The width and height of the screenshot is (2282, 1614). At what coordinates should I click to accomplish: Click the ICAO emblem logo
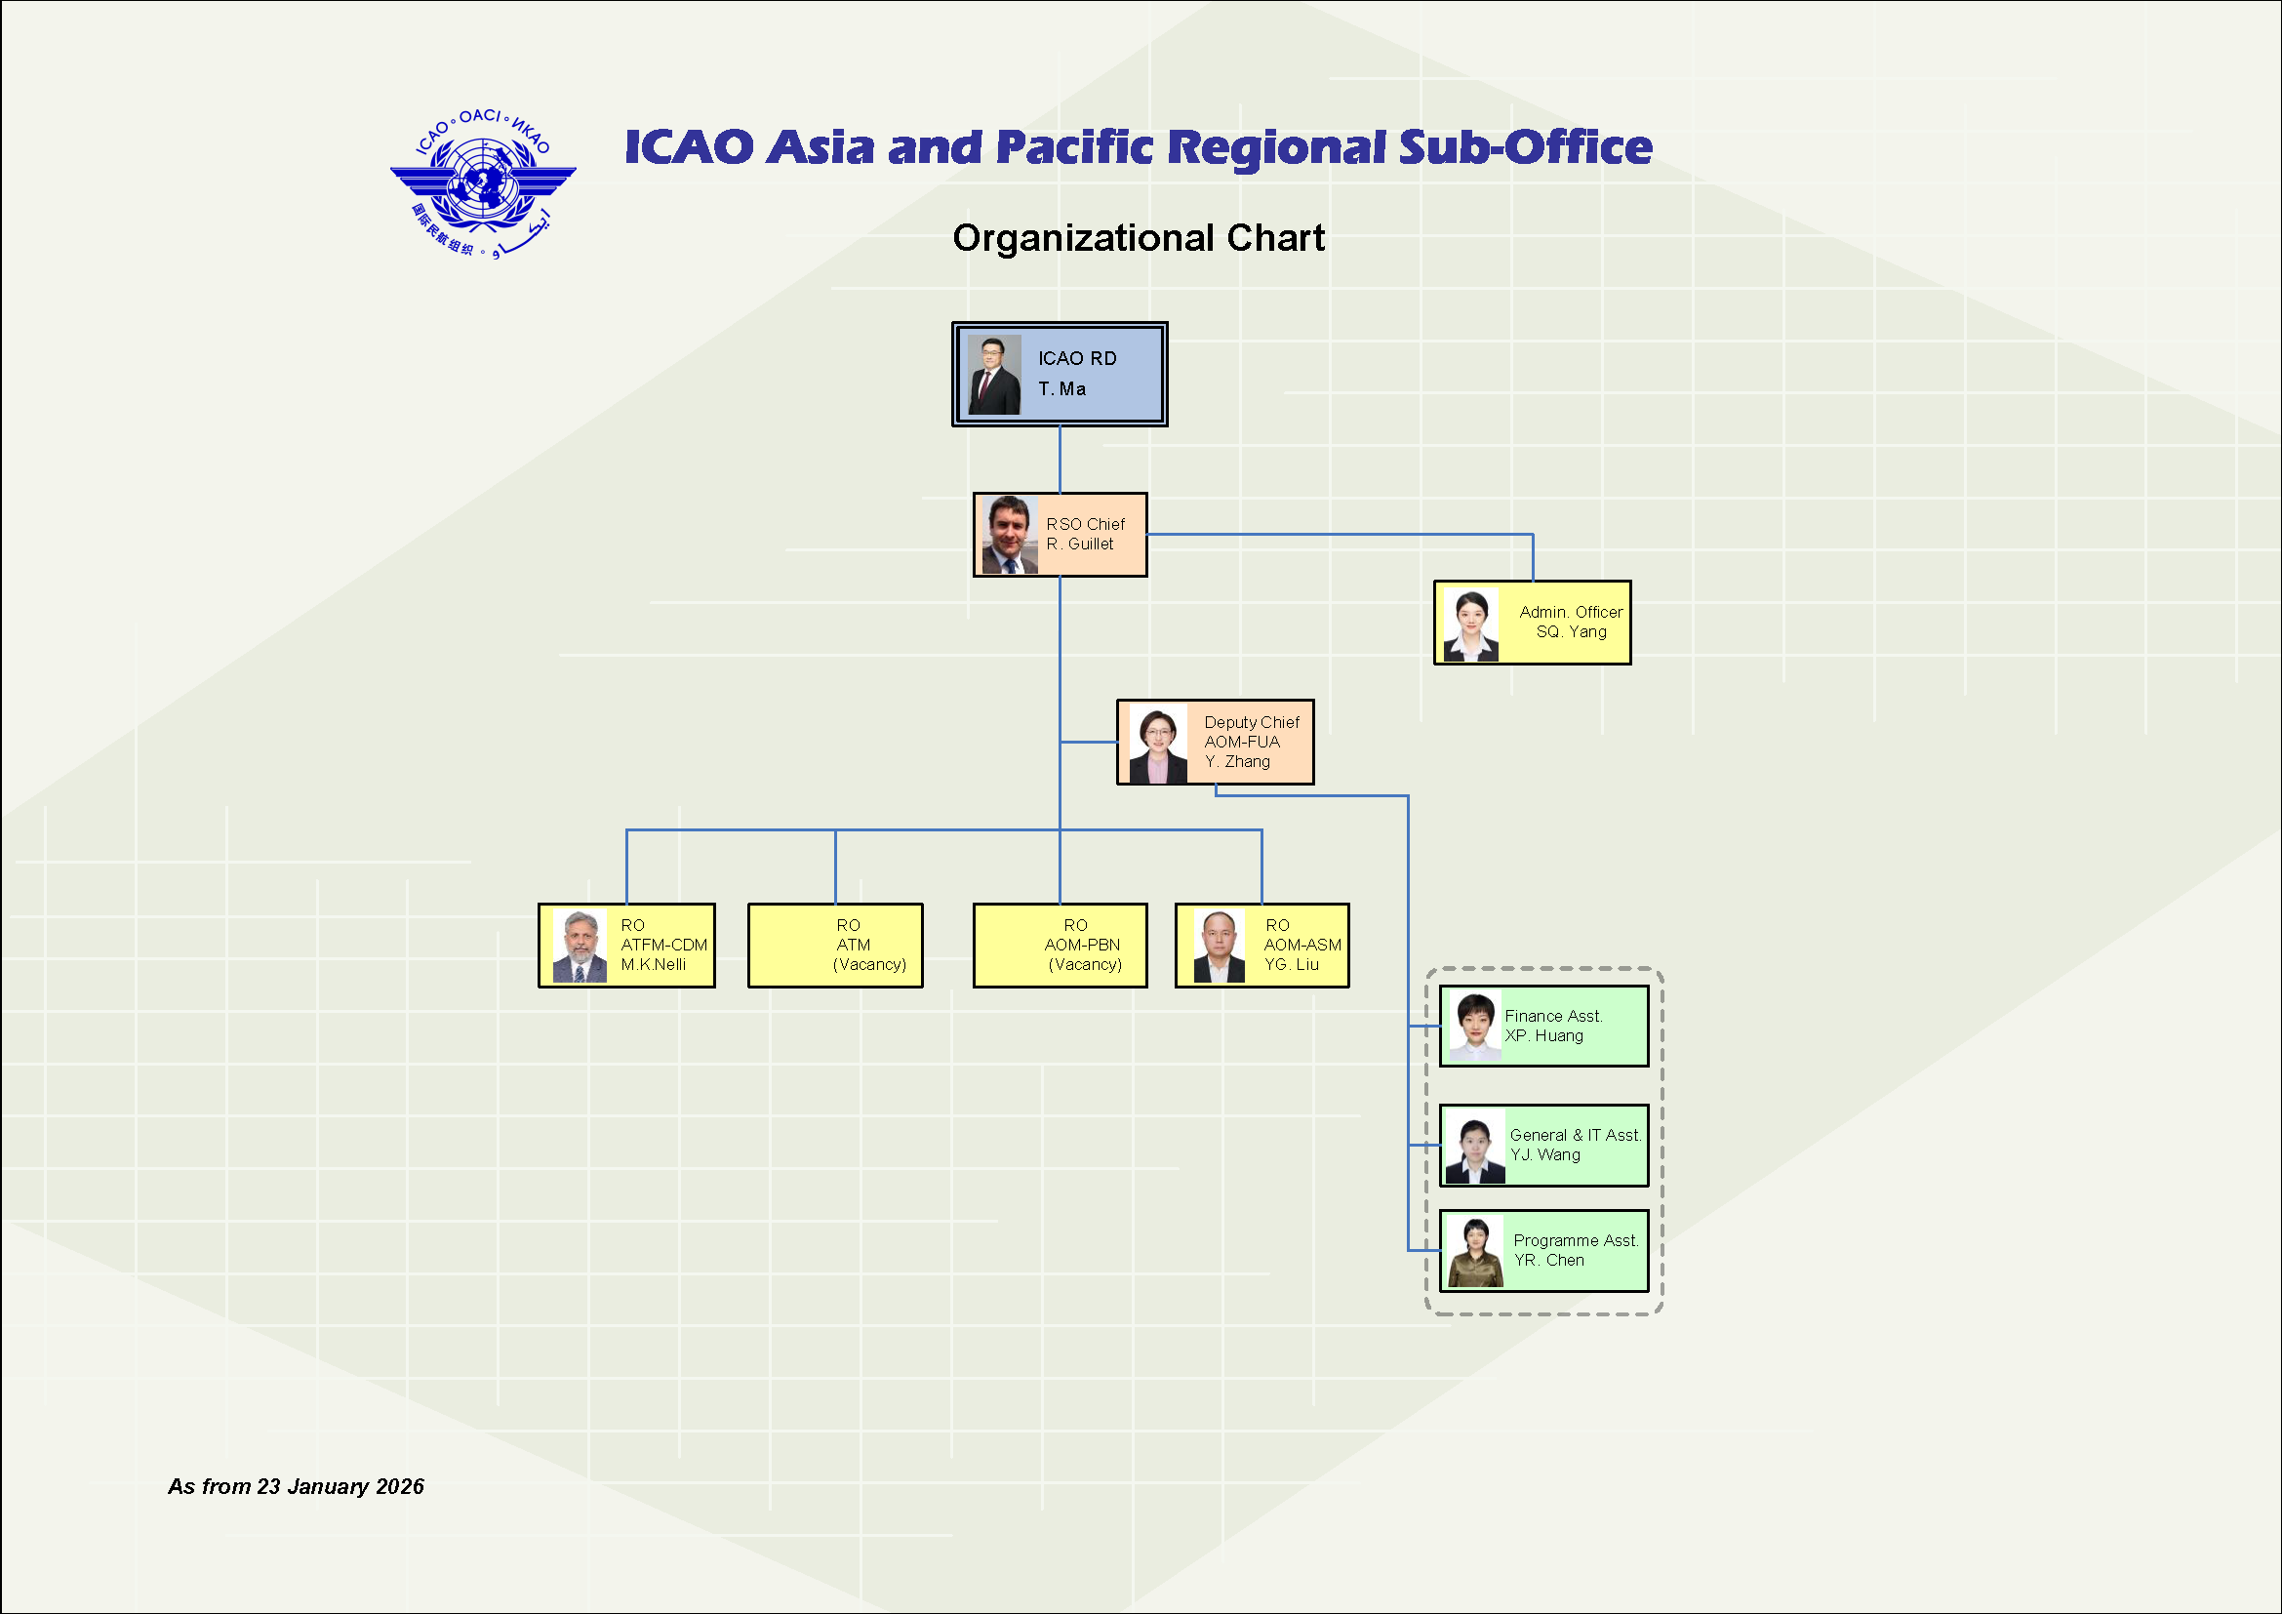(483, 183)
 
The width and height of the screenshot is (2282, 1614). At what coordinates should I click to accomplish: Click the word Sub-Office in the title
(1525, 147)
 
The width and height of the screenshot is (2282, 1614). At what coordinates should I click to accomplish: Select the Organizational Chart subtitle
(1138, 238)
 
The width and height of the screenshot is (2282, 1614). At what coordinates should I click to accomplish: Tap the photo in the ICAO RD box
(994, 375)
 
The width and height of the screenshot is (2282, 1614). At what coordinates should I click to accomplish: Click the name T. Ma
(1061, 388)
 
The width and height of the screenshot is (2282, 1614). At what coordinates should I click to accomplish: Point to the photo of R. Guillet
(1009, 536)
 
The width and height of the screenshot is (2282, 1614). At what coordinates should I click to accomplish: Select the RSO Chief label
(1085, 524)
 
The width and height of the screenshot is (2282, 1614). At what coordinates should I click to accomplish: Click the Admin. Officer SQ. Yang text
(1571, 623)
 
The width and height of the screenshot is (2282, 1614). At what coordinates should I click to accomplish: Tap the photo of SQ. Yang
(1471, 625)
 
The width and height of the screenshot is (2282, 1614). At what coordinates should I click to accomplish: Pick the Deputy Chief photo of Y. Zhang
(1158, 745)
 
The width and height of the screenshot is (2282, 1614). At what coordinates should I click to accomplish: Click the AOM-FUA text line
(1241, 742)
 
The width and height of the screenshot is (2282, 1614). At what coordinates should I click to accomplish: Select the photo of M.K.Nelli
(580, 947)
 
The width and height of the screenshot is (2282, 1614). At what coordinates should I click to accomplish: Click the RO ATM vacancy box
(835, 946)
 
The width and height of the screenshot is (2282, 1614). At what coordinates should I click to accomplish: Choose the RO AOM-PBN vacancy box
(1060, 946)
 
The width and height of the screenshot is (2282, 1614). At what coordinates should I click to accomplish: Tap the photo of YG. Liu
(1219, 947)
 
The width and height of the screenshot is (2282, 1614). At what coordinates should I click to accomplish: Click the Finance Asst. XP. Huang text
(1552, 1026)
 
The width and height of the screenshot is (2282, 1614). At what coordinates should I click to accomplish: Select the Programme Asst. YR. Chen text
(1575, 1250)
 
